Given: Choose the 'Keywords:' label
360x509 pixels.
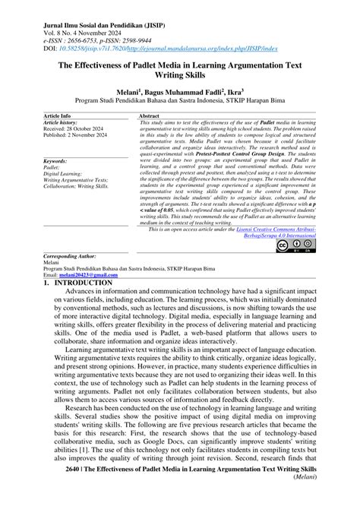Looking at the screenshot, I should (x=56, y=162).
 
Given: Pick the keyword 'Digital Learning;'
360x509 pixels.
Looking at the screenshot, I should (x=66, y=174).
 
